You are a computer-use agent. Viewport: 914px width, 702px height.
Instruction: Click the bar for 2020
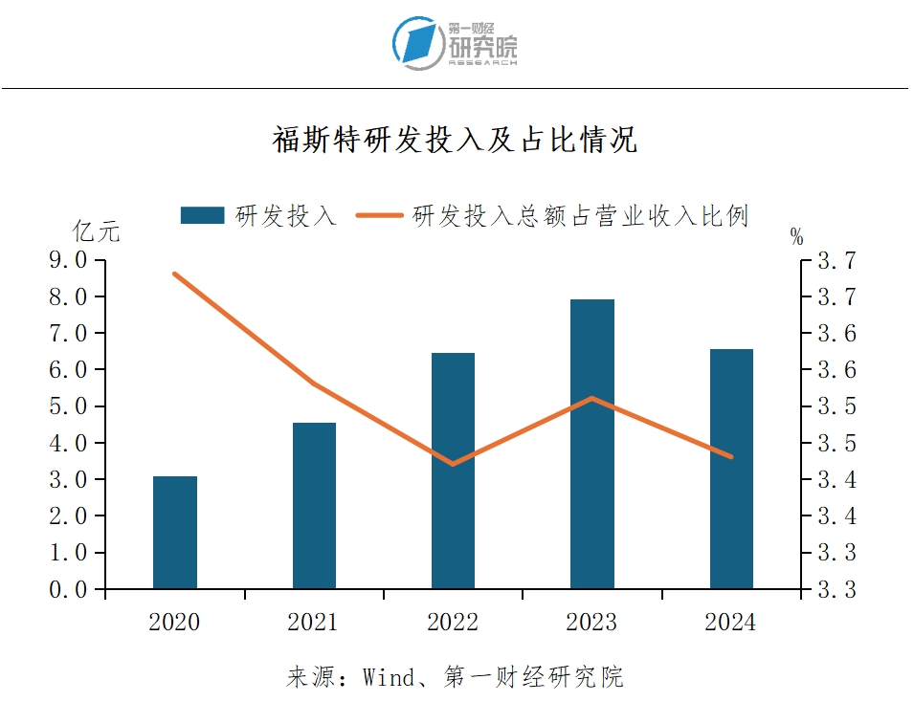click(x=175, y=532)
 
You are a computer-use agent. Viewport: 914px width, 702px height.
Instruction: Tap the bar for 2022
click(x=453, y=471)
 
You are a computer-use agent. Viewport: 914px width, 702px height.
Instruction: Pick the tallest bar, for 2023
click(x=591, y=444)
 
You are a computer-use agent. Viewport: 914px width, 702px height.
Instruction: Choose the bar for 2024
click(x=731, y=469)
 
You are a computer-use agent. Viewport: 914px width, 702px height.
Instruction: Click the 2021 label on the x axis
click(x=313, y=623)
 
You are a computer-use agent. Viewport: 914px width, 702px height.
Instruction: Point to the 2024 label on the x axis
click(x=730, y=623)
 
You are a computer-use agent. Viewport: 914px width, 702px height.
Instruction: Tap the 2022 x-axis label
click(x=453, y=623)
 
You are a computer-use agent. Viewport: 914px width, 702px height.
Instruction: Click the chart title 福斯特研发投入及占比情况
click(x=456, y=141)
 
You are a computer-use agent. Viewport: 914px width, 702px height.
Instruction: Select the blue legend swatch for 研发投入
click(x=202, y=215)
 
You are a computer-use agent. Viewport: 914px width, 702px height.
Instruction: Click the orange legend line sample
click(x=379, y=215)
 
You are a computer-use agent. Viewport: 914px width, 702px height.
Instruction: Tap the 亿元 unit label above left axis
click(x=97, y=231)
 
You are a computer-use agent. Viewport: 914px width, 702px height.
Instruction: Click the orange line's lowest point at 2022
click(x=453, y=464)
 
